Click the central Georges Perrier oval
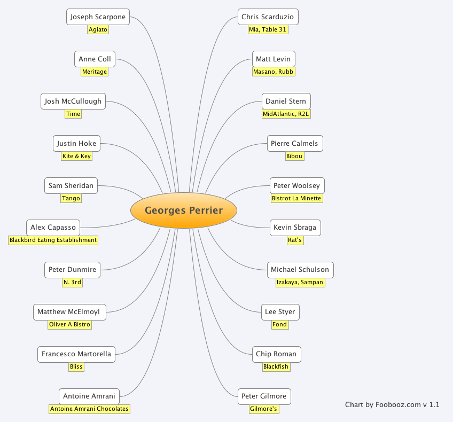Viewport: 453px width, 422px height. click(184, 210)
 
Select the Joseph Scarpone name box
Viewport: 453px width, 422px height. click(98, 17)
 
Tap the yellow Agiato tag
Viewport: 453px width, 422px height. click(98, 30)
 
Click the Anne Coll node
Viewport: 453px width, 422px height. click(95, 59)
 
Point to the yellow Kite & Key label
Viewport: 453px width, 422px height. click(76, 156)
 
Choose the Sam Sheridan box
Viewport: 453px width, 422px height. click(71, 186)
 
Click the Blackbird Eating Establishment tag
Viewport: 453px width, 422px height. click(53, 240)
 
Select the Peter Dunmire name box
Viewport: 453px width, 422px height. click(72, 270)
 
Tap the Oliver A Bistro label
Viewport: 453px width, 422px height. click(69, 324)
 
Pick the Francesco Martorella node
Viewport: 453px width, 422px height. click(76, 354)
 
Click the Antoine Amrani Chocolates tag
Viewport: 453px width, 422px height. click(89, 409)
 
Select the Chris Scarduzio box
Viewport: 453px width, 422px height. click(268, 17)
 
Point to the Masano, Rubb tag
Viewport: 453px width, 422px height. click(274, 72)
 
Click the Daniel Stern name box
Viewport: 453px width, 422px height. click(286, 101)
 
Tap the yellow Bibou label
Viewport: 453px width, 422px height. click(294, 156)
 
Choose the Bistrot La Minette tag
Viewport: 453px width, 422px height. click(296, 198)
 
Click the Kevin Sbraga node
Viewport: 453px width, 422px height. click(295, 228)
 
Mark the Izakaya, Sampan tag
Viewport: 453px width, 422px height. click(300, 282)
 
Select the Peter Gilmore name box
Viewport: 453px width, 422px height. click(264, 396)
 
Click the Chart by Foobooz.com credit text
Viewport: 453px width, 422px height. click(392, 405)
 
